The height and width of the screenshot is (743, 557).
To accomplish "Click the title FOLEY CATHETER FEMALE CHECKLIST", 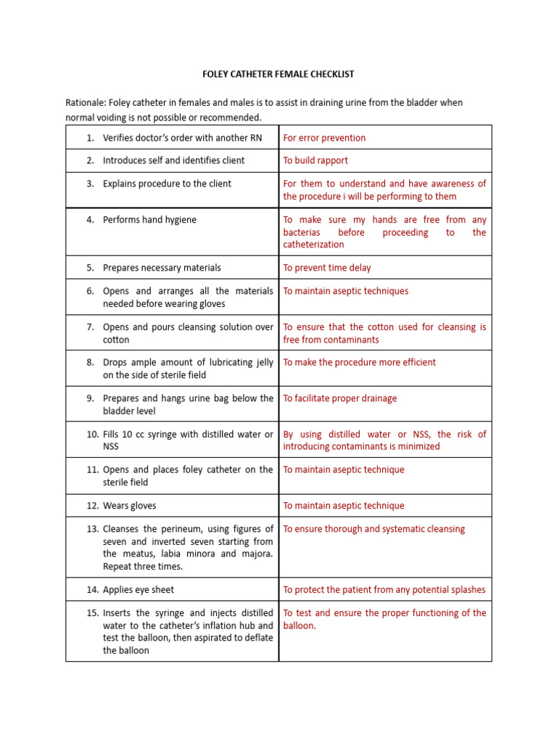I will [x=278, y=74].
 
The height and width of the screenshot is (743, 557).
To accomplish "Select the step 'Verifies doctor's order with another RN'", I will [x=182, y=138].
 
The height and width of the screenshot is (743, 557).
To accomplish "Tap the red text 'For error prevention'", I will [x=324, y=138].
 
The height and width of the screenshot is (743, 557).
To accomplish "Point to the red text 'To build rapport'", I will [x=315, y=160].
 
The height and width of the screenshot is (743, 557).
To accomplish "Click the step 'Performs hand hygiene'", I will [x=149, y=220].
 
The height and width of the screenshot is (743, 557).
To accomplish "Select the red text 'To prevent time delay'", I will [x=326, y=268].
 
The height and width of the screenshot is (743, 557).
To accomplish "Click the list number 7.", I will [x=91, y=327].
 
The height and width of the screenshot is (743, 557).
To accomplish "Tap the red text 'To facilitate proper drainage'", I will [x=340, y=398].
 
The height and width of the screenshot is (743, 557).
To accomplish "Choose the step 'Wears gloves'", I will [x=129, y=506].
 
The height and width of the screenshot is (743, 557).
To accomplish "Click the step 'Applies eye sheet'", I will [x=139, y=590].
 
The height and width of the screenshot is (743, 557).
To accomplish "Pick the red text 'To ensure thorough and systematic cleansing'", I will [x=374, y=529].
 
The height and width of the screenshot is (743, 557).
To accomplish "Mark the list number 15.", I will [x=91, y=613].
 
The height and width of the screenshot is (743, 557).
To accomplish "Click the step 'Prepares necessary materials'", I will [x=162, y=268].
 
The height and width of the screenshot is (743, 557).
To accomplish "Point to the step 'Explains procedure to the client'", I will [x=167, y=184].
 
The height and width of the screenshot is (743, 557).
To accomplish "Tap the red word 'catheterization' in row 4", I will [x=313, y=245].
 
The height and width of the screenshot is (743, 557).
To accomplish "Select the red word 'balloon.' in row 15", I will [x=300, y=625].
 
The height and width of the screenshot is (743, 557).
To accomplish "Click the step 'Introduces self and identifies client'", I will [x=174, y=160].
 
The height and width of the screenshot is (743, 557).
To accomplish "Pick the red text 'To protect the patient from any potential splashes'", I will [x=384, y=590].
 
